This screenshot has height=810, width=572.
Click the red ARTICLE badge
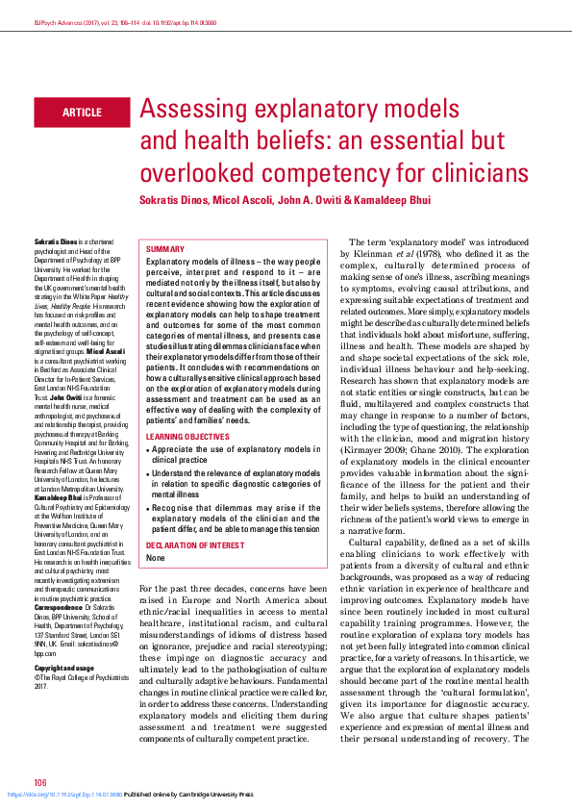pyautogui.click(x=82, y=113)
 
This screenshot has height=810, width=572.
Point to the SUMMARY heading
pyautogui.click(x=165, y=248)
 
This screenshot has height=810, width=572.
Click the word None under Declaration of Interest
pyautogui.click(x=156, y=558)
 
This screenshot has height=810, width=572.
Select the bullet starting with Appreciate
pyautogui.click(x=236, y=454)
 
